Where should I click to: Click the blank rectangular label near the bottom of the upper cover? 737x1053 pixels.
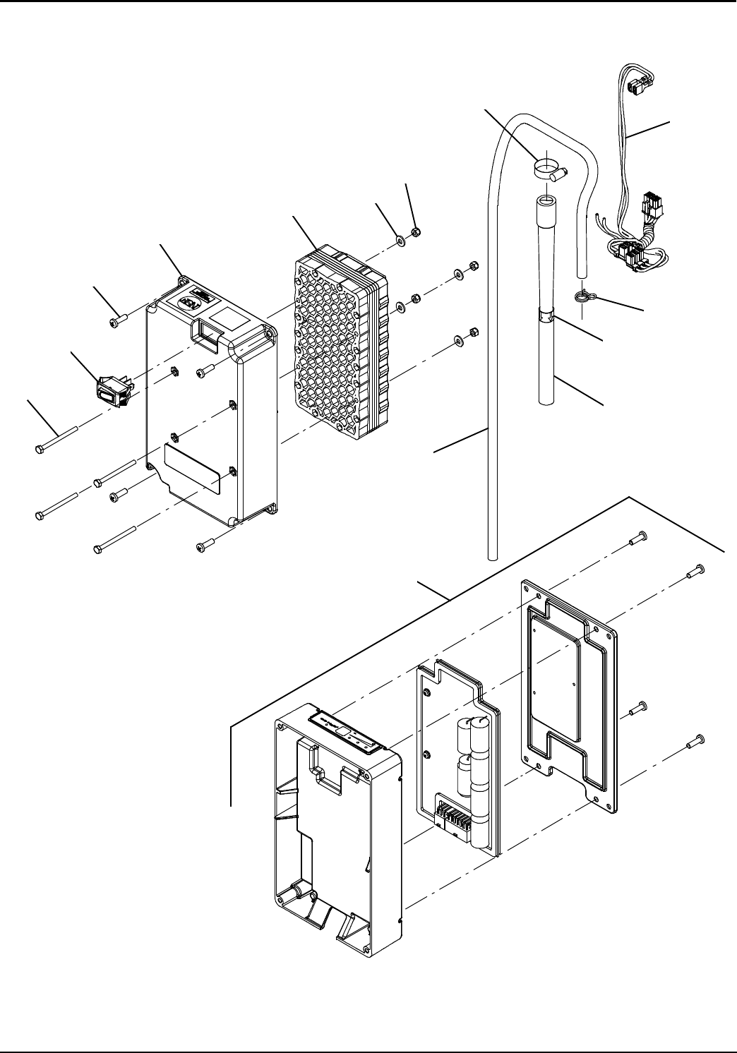click(192, 468)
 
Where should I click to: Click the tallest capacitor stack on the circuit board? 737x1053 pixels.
click(481, 776)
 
